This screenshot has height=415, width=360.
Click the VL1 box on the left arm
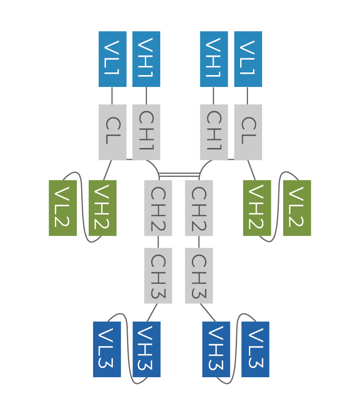(112, 59)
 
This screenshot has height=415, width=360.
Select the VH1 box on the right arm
(214, 59)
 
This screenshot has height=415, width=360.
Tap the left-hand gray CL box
(112, 132)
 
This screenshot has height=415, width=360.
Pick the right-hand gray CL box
(248, 132)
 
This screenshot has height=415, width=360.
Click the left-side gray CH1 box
(146, 132)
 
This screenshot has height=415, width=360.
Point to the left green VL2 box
(63, 208)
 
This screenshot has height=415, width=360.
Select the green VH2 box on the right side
(257, 208)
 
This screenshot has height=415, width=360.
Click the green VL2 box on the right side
(297, 208)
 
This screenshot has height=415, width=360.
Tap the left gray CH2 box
(158, 208)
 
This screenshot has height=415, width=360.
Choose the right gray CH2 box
(199, 208)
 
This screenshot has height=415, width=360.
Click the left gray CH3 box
(158, 275)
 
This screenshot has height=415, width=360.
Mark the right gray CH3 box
(199, 275)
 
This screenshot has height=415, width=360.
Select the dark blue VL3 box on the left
(107, 349)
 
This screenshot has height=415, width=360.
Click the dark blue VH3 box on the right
(216, 349)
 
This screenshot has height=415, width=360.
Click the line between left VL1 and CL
(112, 95)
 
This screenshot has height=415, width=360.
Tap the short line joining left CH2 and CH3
(158, 242)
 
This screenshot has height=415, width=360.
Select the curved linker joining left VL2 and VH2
(83, 206)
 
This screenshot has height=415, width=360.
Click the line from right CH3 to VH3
(208, 312)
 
